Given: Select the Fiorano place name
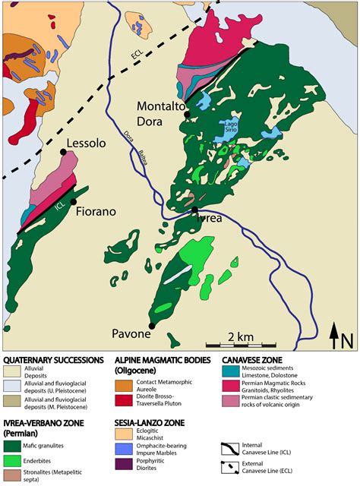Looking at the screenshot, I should pos(95,212).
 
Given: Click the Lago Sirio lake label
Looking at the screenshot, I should pos(232,125).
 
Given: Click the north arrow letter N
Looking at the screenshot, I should pos(347,341).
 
